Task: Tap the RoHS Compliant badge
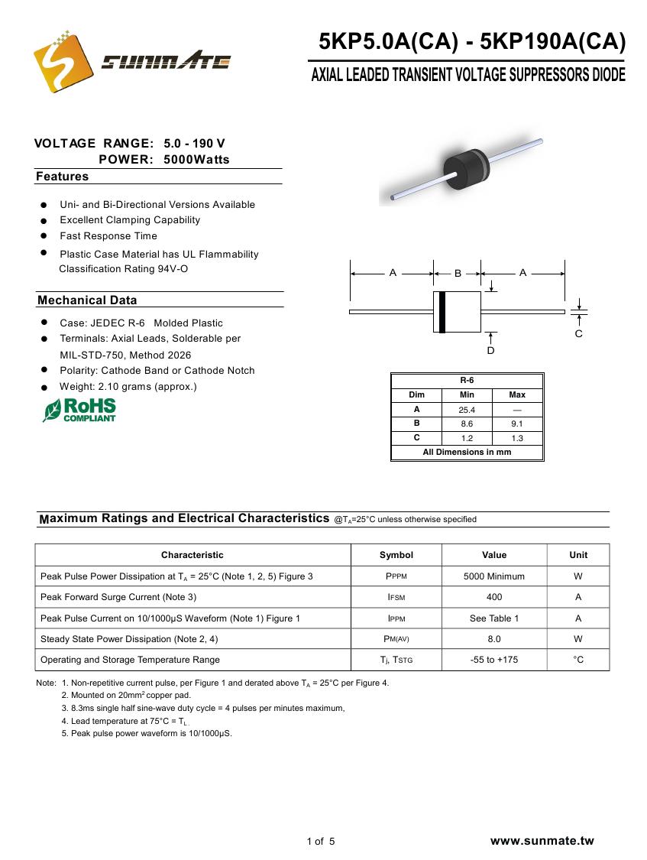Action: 79,410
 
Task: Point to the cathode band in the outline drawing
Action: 442,312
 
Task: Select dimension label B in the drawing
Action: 458,273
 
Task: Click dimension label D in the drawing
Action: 490,350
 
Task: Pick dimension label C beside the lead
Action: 578,334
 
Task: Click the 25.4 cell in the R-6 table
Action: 467,410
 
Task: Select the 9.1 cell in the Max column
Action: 517,424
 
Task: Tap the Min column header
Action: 467,395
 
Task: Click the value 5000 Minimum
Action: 494,576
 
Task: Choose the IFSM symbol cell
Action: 396,597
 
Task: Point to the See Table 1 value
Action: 494,618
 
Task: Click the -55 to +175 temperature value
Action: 494,660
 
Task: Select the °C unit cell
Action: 578,660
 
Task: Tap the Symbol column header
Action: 396,555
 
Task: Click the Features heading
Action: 63,177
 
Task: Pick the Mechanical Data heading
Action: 87,300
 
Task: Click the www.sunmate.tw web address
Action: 542,841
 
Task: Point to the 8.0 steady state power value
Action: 494,639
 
